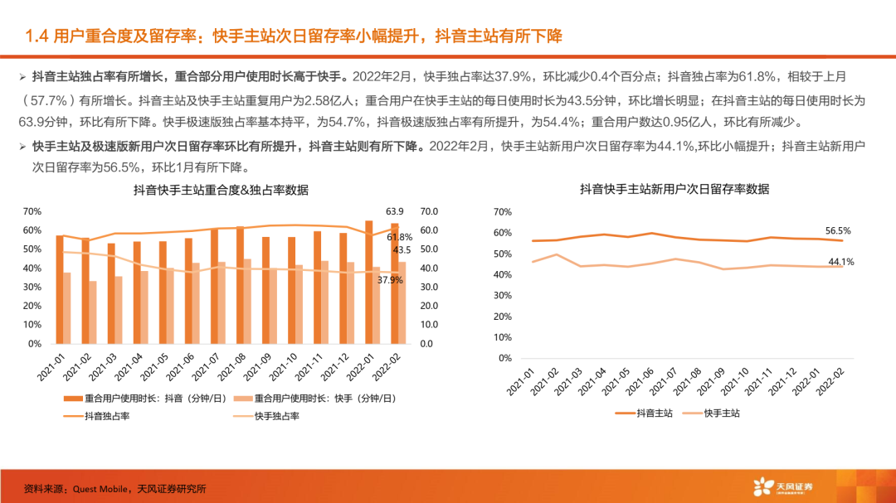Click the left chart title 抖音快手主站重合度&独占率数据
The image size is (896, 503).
coord(221,191)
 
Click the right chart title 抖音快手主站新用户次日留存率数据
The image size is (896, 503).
coord(674,190)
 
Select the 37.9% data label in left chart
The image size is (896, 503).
coord(389,280)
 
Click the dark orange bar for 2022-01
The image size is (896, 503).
coord(368,282)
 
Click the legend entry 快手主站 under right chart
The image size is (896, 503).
coord(721,412)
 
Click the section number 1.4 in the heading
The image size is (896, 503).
coord(38,36)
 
